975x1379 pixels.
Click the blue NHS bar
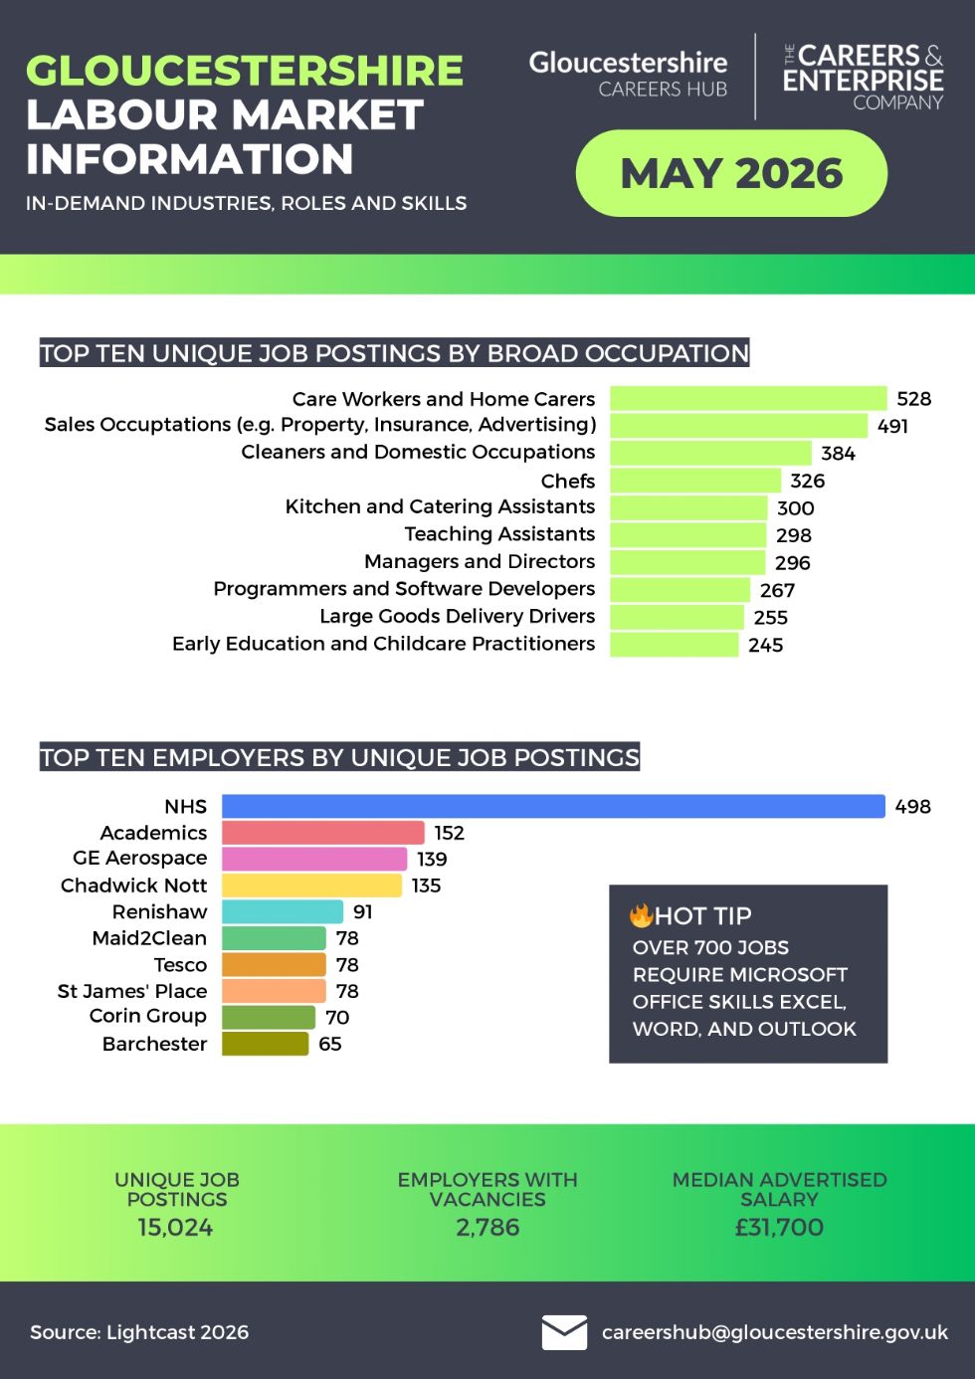(553, 806)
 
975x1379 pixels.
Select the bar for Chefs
(695, 481)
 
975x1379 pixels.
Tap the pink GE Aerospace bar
(314, 859)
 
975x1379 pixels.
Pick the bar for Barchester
(266, 1044)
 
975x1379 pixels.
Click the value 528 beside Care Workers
(913, 399)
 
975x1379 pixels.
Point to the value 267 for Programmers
(777, 590)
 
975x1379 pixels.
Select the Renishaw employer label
(159, 911)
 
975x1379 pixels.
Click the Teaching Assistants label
(499, 533)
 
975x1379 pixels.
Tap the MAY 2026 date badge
(731, 173)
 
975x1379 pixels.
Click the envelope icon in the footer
(564, 1333)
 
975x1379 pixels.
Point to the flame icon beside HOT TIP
(641, 915)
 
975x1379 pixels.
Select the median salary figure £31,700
(779, 1227)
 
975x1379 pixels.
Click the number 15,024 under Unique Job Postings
(175, 1227)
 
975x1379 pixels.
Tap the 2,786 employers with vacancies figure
(487, 1227)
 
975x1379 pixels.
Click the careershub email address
(775, 1332)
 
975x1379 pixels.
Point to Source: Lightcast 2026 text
(139, 1332)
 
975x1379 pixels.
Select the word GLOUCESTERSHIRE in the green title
(245, 71)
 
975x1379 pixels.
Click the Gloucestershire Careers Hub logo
(628, 75)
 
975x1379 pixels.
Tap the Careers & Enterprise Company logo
(863, 77)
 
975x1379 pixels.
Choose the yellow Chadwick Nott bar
(312, 886)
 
